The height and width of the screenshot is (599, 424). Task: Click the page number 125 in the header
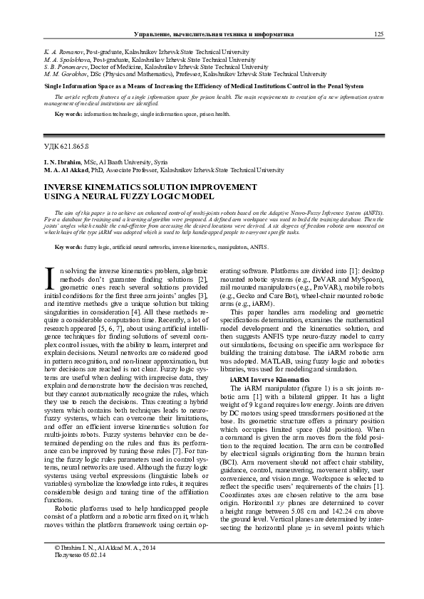379,34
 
